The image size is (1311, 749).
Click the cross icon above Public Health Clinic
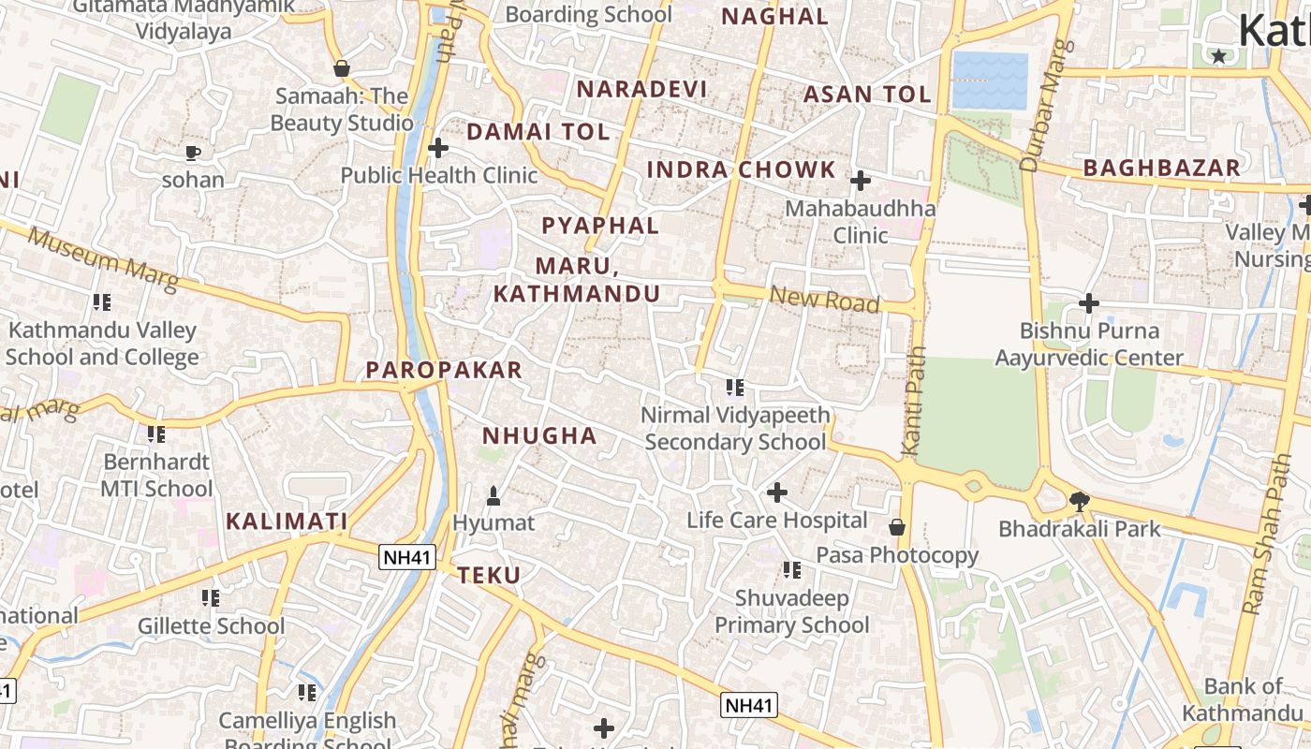[438, 148]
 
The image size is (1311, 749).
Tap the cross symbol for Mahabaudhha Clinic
[860, 180]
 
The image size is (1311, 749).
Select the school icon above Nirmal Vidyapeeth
[735, 387]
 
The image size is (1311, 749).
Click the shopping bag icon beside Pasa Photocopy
[897, 527]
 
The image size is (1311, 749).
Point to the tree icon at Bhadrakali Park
[1079, 501]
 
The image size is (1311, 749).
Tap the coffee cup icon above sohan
[193, 152]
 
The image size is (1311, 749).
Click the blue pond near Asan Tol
[990, 81]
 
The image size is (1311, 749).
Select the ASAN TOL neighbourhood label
[867, 95]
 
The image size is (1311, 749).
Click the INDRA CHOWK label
[741, 169]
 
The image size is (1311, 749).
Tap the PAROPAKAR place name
[444, 370]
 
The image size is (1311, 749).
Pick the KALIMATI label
[287, 521]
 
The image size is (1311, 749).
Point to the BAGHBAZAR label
[1161, 168]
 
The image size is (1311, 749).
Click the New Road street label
[824, 300]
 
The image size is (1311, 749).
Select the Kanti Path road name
[913, 403]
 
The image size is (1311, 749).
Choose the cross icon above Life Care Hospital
[776, 492]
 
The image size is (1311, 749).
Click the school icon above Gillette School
[211, 597]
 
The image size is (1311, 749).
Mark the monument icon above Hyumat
[493, 494]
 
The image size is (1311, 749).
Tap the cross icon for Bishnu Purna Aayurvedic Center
[1088, 303]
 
